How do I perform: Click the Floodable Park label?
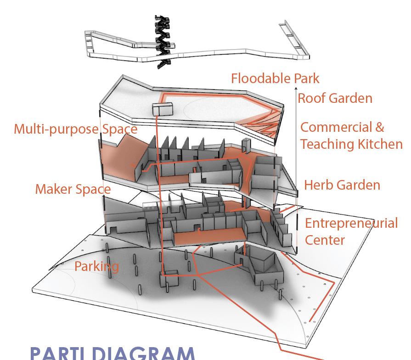pos(275,78)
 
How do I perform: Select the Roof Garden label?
pos(335,98)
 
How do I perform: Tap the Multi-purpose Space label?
pos(75,129)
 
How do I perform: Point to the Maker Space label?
pos(73,189)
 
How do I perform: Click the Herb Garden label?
pos(342,185)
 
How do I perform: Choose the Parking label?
pos(96,266)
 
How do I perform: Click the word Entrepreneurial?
pos(351,224)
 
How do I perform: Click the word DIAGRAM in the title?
pos(142,353)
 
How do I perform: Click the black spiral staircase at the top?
pos(163,41)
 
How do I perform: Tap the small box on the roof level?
pos(163,109)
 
